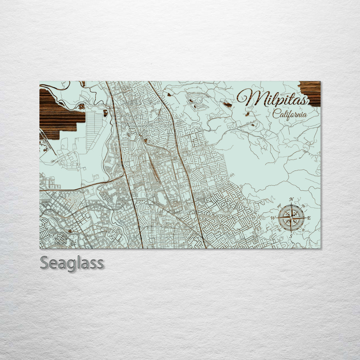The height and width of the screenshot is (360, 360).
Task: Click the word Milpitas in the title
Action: tap(273, 97)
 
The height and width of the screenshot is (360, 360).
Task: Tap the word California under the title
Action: tap(290, 114)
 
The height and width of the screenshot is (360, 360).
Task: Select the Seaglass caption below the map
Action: tap(72, 263)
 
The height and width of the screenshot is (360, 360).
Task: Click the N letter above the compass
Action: tap(291, 200)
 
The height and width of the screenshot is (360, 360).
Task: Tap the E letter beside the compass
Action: tap(309, 218)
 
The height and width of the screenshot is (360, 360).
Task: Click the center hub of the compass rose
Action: tap(291, 218)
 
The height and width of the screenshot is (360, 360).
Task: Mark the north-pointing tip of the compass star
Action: tap(291, 204)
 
